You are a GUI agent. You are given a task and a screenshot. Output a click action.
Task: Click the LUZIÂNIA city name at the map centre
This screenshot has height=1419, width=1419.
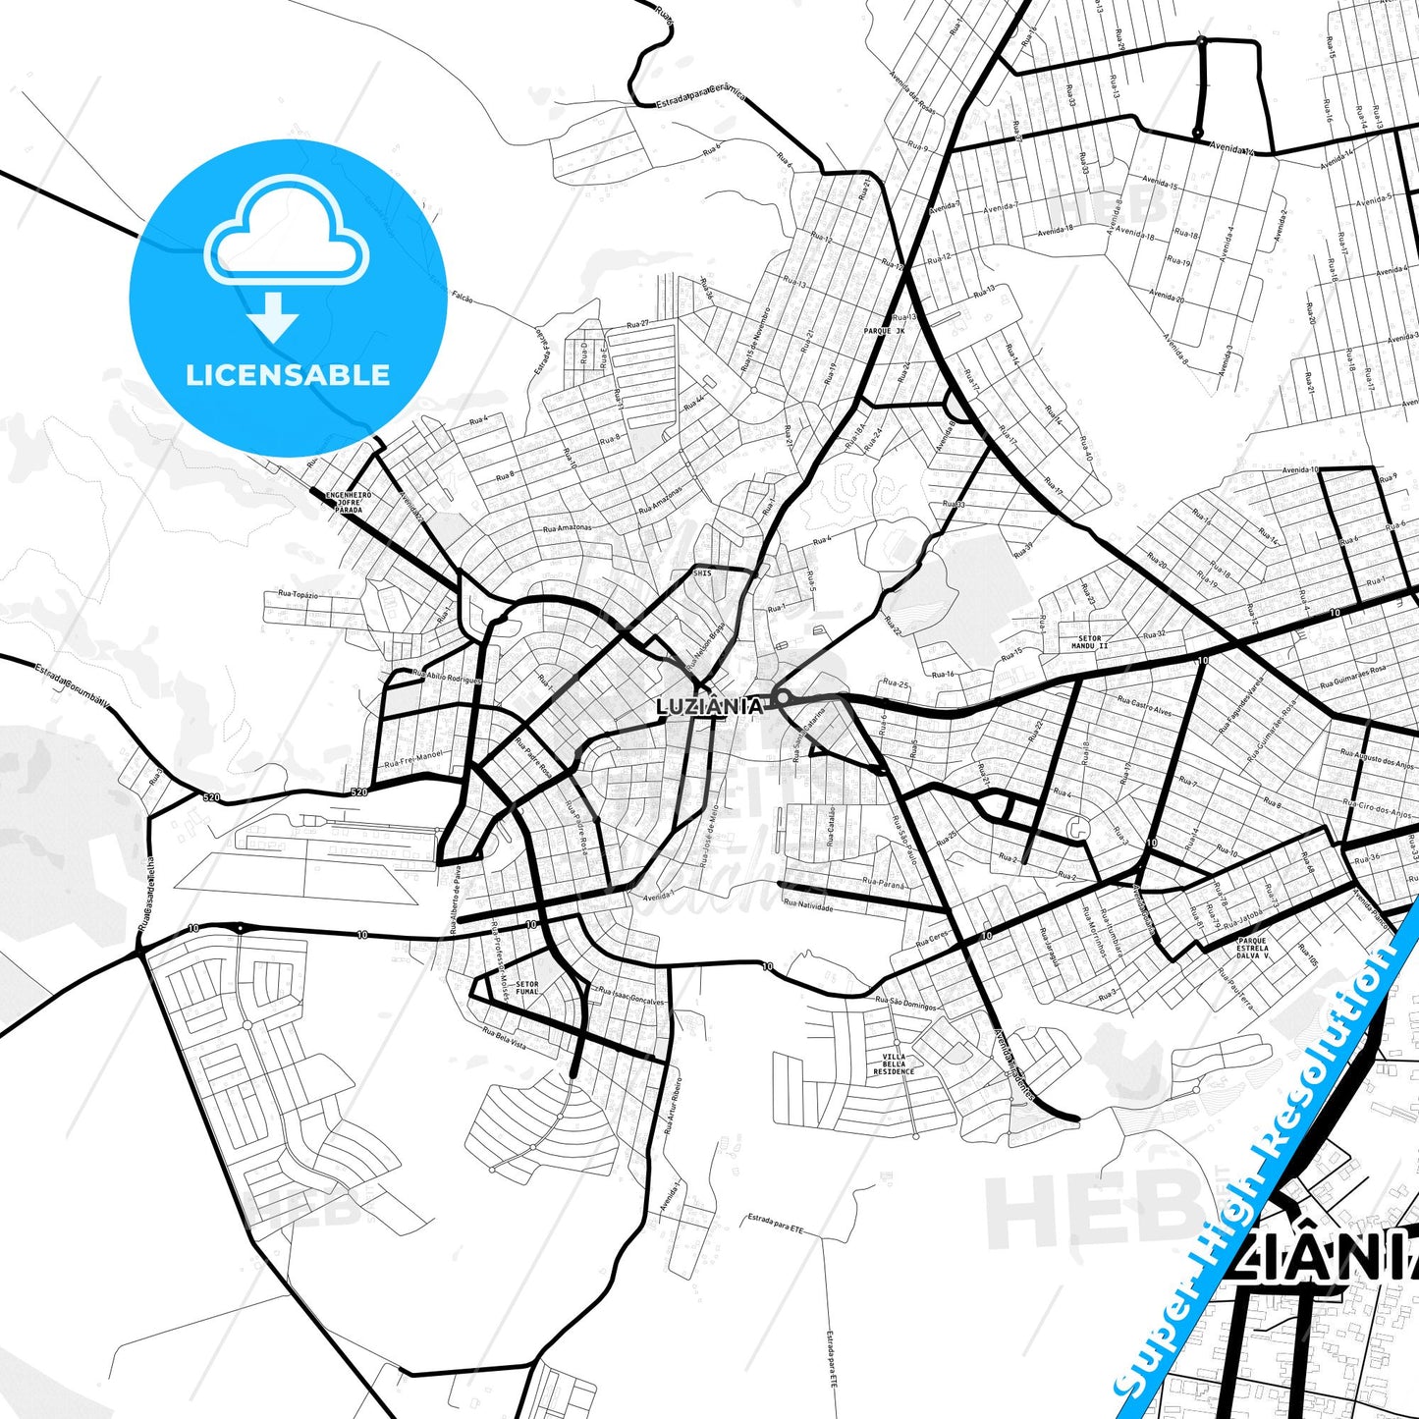click(x=709, y=706)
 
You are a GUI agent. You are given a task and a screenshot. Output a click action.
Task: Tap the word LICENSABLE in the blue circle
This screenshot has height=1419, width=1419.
click(x=288, y=375)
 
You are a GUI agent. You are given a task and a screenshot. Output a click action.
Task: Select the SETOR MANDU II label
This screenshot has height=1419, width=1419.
click(x=1089, y=642)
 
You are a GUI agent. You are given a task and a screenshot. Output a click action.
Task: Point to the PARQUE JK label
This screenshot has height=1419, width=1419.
click(x=884, y=331)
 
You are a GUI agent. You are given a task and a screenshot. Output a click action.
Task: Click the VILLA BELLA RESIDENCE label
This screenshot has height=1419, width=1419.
click(x=894, y=1064)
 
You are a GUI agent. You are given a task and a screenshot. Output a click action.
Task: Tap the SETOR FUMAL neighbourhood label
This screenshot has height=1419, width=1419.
click(x=527, y=987)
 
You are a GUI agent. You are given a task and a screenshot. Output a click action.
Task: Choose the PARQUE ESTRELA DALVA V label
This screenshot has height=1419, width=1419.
click(x=1252, y=948)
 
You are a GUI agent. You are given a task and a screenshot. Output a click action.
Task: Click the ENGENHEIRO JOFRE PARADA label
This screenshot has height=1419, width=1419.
click(x=349, y=503)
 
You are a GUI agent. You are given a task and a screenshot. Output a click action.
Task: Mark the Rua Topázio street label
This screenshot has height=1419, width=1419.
click(x=298, y=594)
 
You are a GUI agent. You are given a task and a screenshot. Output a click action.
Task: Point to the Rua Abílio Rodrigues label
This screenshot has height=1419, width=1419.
click(x=447, y=677)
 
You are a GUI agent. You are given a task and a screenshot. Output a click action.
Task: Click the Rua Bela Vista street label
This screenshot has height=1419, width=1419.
click(x=504, y=1039)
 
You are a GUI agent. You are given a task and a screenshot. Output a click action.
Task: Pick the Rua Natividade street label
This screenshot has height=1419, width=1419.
click(x=808, y=905)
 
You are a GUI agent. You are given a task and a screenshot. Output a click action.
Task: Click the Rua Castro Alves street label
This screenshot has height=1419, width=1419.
click(x=1144, y=705)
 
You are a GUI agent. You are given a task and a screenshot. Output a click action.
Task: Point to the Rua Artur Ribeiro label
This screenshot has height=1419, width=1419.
click(x=673, y=1106)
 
